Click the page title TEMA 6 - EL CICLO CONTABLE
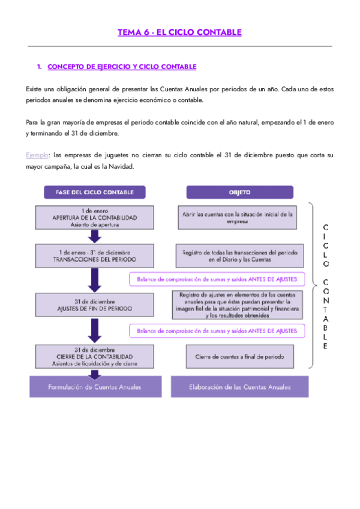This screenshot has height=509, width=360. (x=179, y=32)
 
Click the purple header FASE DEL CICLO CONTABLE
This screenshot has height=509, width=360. (x=94, y=192)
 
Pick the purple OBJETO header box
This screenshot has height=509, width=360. (x=239, y=192)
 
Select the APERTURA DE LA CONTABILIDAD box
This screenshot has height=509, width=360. (x=95, y=217)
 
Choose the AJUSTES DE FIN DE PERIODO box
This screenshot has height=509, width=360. (x=95, y=305)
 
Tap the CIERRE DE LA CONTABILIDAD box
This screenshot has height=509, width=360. (x=95, y=356)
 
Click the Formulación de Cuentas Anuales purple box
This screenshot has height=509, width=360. (x=95, y=387)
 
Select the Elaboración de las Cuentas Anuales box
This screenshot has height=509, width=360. (x=239, y=387)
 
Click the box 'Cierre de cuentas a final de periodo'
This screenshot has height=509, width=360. (x=239, y=356)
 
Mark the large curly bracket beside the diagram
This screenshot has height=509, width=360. (x=311, y=284)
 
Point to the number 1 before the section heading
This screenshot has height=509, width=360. (x=39, y=67)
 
